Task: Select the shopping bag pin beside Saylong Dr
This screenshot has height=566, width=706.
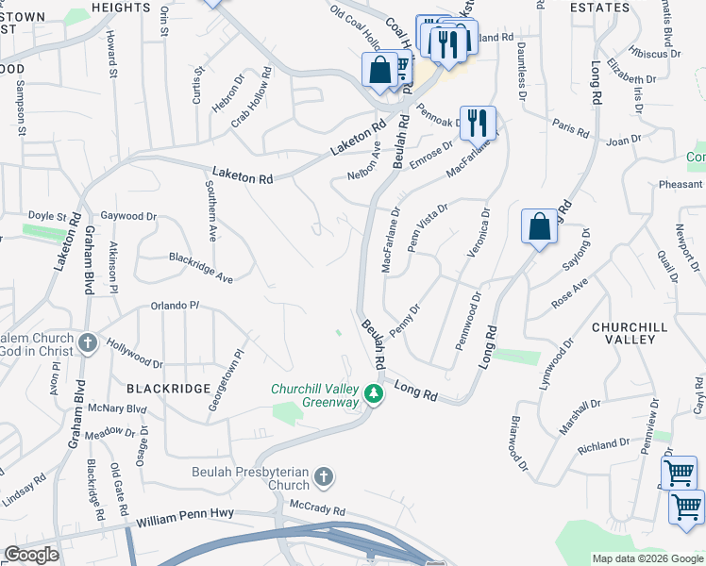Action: [538, 226]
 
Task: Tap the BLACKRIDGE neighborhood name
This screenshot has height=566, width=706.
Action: [160, 389]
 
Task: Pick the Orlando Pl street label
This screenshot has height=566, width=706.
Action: [176, 306]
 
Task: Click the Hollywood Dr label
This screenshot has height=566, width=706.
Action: [134, 354]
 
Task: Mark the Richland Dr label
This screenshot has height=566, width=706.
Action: [604, 442]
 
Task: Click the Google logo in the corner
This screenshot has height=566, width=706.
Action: [31, 555]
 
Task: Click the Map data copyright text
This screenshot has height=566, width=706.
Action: [647, 558]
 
